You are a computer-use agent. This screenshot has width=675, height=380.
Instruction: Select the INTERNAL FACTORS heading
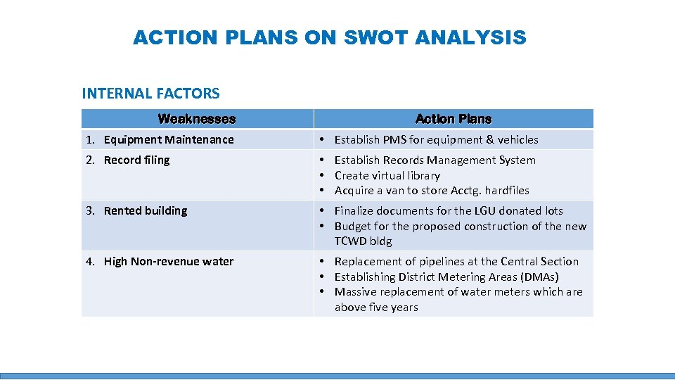(150, 93)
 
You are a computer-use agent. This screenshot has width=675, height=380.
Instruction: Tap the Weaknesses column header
(197, 119)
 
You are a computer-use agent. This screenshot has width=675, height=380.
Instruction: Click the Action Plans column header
(454, 119)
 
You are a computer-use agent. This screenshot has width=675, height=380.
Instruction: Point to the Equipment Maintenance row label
(169, 139)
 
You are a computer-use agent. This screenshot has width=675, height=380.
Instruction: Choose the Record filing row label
(136, 160)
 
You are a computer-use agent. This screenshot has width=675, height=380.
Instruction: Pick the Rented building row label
(146, 210)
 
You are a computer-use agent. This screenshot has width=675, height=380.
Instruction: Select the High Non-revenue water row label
(169, 261)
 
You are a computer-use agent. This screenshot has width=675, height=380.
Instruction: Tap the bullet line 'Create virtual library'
(387, 175)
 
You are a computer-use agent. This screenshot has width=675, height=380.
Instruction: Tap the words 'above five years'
(376, 308)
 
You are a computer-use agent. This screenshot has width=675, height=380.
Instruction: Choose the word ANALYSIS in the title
(470, 37)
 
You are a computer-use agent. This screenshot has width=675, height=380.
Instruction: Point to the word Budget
(354, 226)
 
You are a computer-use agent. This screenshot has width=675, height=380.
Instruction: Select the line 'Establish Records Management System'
(435, 160)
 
